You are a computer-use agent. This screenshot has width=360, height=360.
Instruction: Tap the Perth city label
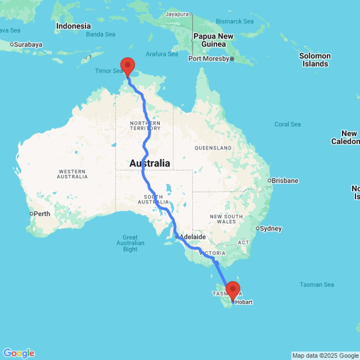pos(42,214)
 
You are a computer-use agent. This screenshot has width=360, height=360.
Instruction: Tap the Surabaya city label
pos(28,45)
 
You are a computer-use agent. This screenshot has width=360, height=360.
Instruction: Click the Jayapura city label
pos(177,14)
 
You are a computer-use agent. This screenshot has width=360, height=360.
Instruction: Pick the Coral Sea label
pos(287,124)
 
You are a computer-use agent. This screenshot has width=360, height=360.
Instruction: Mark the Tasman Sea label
pos(317,284)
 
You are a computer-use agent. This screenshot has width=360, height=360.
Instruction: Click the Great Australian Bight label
pos(130,243)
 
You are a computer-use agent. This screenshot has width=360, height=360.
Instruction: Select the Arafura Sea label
pos(162,54)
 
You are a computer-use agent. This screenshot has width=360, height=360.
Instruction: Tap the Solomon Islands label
pos(315,60)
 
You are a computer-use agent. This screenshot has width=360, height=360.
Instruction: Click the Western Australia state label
pos(72,174)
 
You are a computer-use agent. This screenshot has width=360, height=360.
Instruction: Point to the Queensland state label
pos(213,148)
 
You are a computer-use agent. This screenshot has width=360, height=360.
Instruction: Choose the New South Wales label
pos(226,219)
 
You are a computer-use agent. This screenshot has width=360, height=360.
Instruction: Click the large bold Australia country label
pos(149,163)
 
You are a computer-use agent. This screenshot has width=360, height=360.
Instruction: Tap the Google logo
pos(19,353)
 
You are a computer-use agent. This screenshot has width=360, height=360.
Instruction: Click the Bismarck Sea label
pos(234,22)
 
